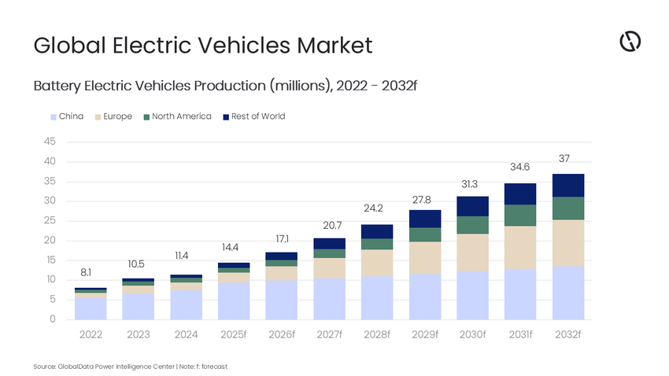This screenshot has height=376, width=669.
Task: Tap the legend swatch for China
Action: pyautogui.click(x=53, y=116)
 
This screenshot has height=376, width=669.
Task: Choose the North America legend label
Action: pyautogui.click(x=181, y=116)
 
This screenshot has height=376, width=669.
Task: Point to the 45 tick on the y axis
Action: pyautogui.click(x=49, y=142)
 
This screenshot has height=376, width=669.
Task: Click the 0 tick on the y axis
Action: pyautogui.click(x=52, y=319)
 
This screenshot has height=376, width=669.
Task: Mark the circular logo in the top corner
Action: pyautogui.click(x=630, y=42)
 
